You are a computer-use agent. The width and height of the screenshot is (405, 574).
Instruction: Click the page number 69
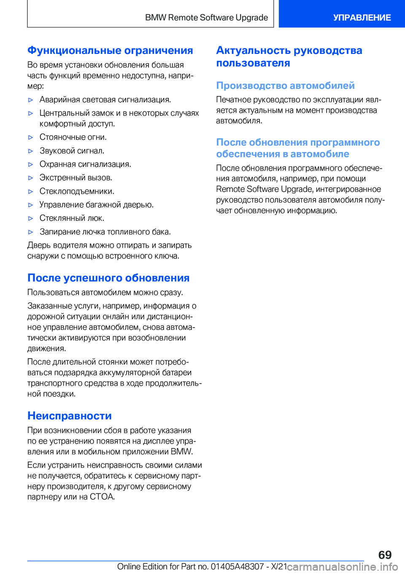(385, 555)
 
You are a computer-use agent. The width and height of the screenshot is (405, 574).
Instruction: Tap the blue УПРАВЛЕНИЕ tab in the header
(362, 18)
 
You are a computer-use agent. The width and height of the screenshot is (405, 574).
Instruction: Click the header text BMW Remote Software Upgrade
(206, 18)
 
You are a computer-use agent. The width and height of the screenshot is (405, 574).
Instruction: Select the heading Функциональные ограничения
(110, 51)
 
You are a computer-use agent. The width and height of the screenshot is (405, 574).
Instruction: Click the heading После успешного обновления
(108, 278)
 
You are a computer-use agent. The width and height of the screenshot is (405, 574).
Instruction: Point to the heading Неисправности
(70, 416)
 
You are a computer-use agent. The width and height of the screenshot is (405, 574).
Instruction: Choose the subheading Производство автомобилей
(285, 86)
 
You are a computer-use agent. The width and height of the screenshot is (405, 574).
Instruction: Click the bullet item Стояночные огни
(73, 137)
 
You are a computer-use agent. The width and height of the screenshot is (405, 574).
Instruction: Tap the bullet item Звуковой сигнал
(72, 151)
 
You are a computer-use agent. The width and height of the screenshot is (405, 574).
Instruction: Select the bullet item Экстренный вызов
(76, 178)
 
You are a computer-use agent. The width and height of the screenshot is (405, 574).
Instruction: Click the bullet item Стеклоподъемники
(77, 191)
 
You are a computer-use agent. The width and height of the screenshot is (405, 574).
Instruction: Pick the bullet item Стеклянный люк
(72, 218)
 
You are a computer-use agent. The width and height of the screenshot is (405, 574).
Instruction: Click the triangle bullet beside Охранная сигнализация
(30, 164)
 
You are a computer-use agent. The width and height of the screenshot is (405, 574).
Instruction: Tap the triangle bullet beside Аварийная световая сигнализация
(30, 100)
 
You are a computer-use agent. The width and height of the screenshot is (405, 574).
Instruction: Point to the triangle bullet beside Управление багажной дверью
(30, 205)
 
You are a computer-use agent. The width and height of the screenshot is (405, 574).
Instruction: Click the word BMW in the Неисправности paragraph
(181, 452)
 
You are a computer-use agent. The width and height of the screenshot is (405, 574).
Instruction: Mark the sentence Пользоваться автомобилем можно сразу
(105, 292)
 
